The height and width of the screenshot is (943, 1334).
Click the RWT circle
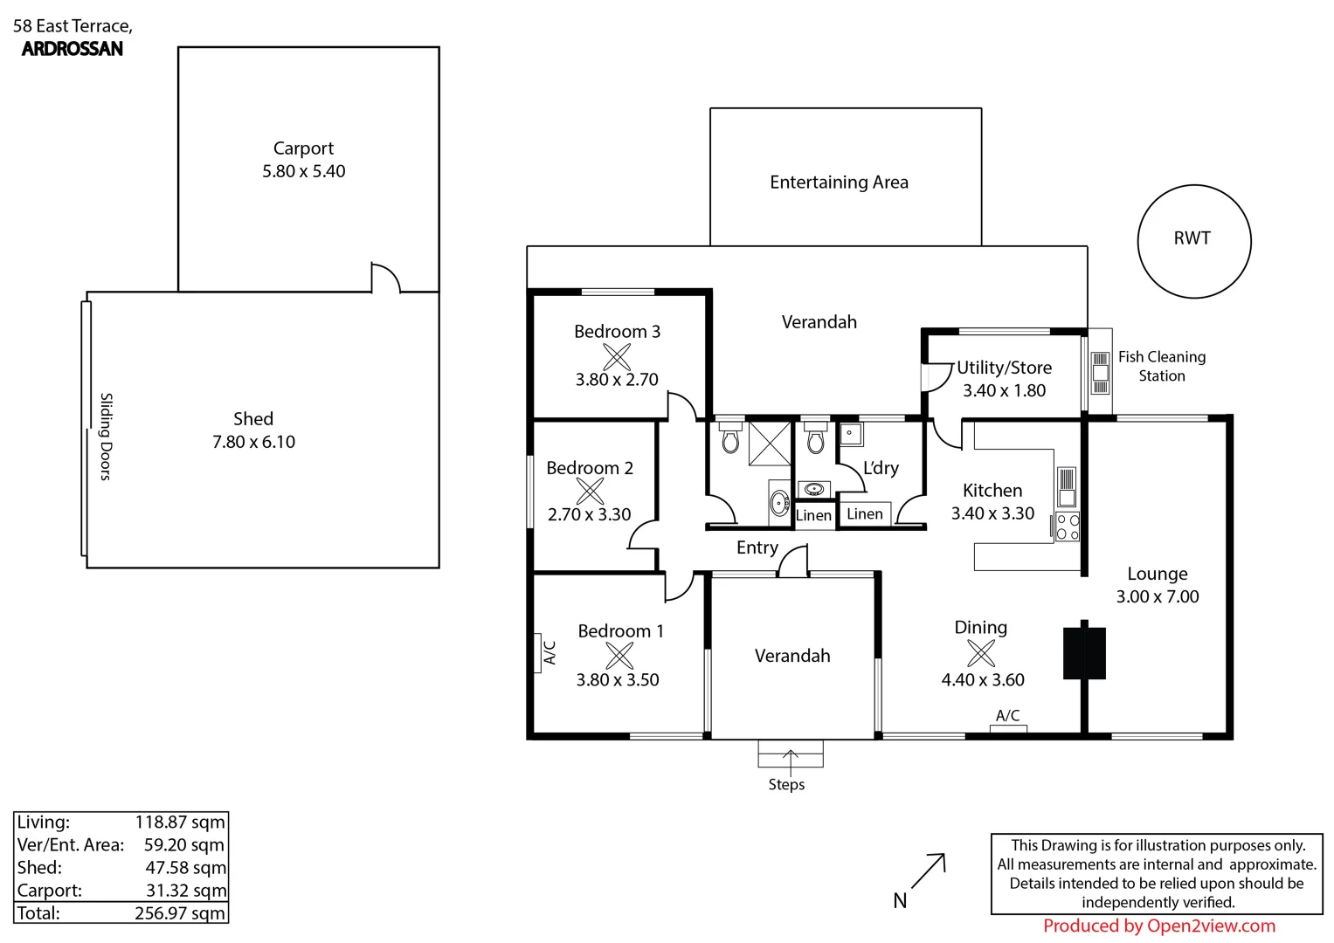tap(1193, 241)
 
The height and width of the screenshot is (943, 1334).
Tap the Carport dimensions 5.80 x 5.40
tap(304, 172)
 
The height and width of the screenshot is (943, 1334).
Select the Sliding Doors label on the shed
tap(106, 436)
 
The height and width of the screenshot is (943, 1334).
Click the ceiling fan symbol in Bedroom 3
tap(617, 356)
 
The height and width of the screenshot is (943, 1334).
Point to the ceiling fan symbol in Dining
tap(981, 653)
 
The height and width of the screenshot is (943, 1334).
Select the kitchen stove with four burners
tap(1068, 527)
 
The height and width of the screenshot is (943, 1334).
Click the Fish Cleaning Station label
tap(1161, 366)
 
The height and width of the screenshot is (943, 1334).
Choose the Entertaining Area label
tap(839, 182)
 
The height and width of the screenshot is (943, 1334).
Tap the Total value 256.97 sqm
tap(180, 913)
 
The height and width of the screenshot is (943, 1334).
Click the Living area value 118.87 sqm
tap(180, 823)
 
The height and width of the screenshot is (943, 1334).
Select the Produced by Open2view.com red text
tap(1158, 926)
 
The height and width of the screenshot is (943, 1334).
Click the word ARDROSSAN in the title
tap(73, 49)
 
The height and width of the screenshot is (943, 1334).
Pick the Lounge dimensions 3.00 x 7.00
tap(1157, 597)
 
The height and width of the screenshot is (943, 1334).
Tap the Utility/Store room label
tap(1004, 368)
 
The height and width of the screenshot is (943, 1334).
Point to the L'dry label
tap(881, 468)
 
